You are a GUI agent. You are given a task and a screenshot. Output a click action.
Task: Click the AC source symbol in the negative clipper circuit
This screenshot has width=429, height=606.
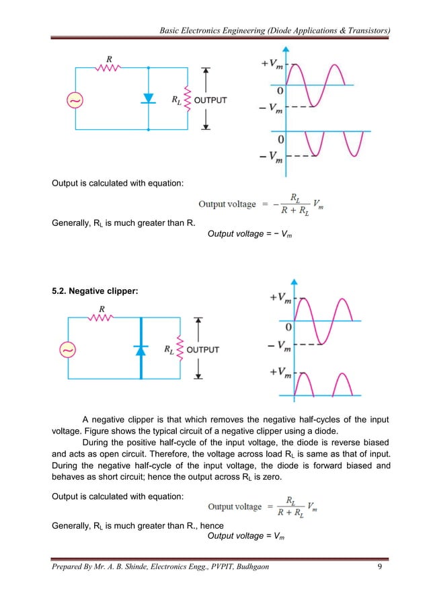(x=69, y=350)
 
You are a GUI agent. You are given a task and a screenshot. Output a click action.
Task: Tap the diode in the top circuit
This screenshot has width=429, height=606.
(x=149, y=98)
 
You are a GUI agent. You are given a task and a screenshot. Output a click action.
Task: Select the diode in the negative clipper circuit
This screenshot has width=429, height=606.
(x=141, y=349)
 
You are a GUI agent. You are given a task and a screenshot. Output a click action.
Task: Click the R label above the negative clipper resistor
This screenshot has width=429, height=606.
(x=102, y=309)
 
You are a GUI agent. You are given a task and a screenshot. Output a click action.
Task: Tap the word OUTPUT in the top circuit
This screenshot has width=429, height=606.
(x=210, y=100)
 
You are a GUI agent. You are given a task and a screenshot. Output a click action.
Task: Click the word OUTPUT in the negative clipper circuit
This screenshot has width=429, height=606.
(x=203, y=350)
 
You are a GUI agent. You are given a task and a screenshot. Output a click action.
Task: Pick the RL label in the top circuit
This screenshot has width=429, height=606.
(x=176, y=101)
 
